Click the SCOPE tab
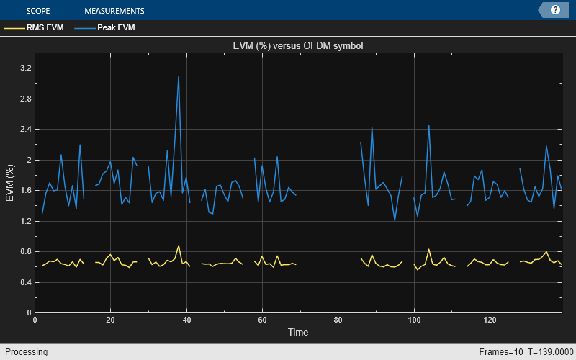click(37, 11)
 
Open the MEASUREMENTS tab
click(114, 11)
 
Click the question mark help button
click(555, 10)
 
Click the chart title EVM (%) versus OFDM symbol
click(298, 46)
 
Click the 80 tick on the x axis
click(338, 320)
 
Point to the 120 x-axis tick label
click(490, 320)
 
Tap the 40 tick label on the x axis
click(186, 320)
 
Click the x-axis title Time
click(298, 333)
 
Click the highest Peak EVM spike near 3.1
click(179, 76)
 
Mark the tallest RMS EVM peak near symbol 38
click(179, 246)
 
